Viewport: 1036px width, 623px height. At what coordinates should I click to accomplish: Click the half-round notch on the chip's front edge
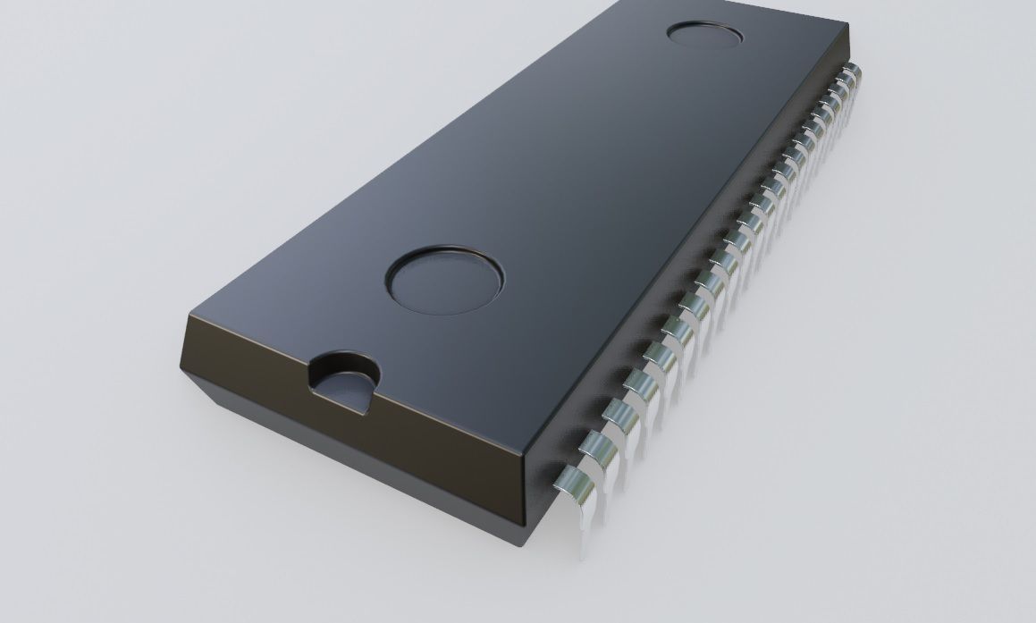(345, 380)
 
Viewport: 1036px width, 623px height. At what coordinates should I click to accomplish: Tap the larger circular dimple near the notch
(445, 279)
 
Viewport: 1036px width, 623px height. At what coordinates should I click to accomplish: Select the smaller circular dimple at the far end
(705, 36)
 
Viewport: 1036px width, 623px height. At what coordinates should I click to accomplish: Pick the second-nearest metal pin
(604, 444)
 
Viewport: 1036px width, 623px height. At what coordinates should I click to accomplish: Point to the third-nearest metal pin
(622, 413)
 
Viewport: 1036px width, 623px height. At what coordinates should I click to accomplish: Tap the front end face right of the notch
(447, 429)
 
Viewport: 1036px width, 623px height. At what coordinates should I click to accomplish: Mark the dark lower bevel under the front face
(358, 465)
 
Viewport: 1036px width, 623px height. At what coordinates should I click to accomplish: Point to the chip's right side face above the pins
(688, 259)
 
